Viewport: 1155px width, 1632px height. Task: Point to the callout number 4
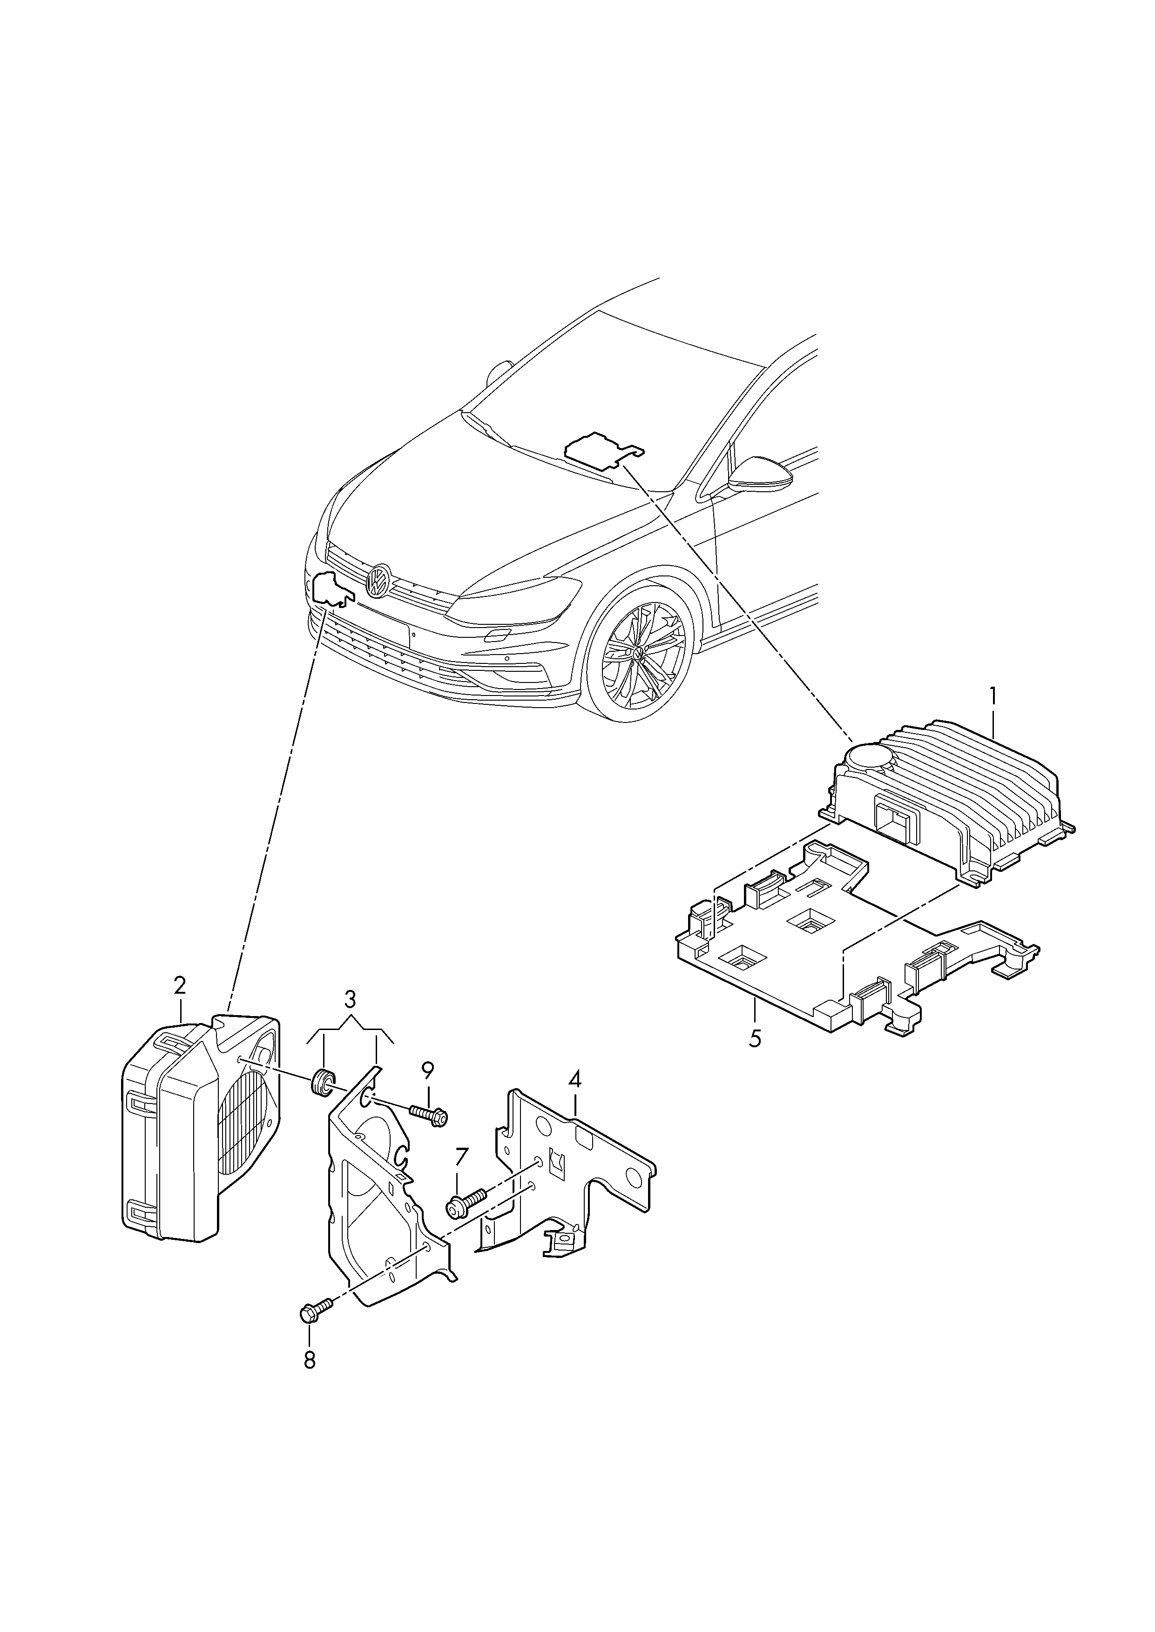pos(574,1100)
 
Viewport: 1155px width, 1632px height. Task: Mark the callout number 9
pos(427,1089)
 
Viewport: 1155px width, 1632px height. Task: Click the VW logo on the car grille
pos(378,582)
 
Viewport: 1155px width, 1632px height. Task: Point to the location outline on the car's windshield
pos(603,449)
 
